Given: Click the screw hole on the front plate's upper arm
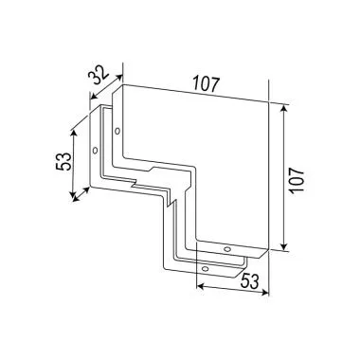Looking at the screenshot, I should (x=117, y=131).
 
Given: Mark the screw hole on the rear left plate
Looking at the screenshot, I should (x=97, y=152).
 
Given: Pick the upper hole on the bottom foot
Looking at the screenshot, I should (x=226, y=248).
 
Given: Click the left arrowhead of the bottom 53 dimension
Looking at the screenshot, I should (x=196, y=288).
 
